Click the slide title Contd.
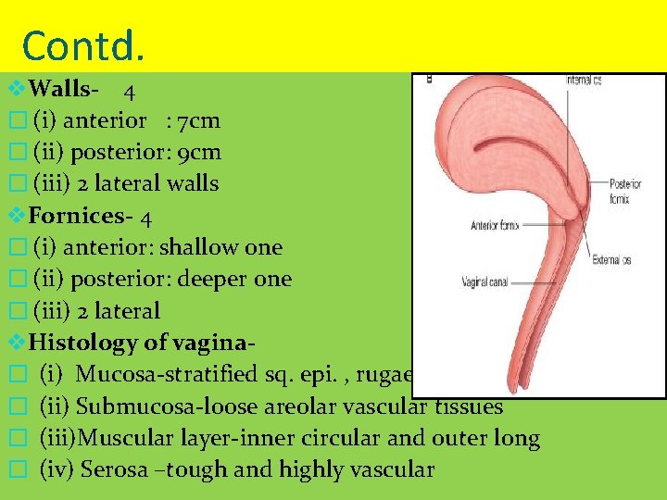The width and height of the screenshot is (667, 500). tap(82, 44)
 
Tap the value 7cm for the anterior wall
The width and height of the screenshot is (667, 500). tap(199, 120)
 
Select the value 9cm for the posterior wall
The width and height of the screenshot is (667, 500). tap(202, 152)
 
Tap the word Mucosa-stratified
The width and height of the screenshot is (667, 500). tap(151, 375)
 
